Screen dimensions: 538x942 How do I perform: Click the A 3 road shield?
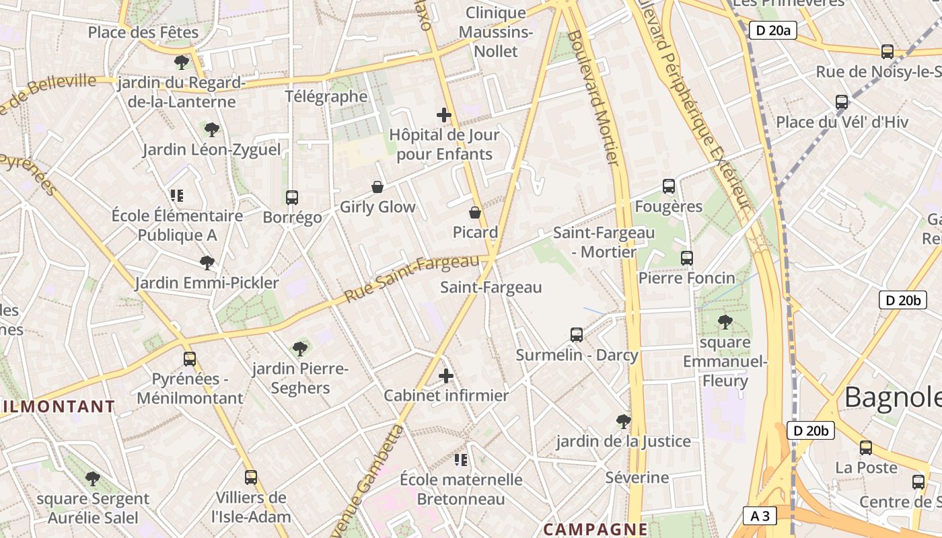point(760,516)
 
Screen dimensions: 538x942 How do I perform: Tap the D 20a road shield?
point(772,30)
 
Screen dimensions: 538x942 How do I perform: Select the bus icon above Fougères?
point(668,186)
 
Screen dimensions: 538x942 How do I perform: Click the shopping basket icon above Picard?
point(475,213)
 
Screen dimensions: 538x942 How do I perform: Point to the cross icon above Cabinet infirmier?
point(445,375)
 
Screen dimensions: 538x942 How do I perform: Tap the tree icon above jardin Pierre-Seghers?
point(300,348)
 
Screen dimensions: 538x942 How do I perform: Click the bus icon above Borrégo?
point(291,197)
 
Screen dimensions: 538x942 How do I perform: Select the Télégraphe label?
point(326,96)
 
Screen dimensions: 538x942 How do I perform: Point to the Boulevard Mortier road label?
point(593,98)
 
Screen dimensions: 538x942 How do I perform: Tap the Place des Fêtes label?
point(143,32)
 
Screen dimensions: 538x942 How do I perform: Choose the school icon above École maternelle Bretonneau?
point(461,459)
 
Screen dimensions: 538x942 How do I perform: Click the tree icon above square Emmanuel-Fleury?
point(725,321)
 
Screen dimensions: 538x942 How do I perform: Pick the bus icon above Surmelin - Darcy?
point(576,334)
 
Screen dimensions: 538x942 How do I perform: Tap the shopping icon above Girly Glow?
point(377,186)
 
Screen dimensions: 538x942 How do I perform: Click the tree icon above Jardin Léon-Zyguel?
point(211,128)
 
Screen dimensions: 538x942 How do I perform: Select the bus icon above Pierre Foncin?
point(686,258)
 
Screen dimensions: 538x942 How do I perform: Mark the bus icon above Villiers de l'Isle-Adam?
point(251,477)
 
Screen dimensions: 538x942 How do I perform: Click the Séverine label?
point(637,477)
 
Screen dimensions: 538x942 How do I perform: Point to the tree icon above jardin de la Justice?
point(623,421)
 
